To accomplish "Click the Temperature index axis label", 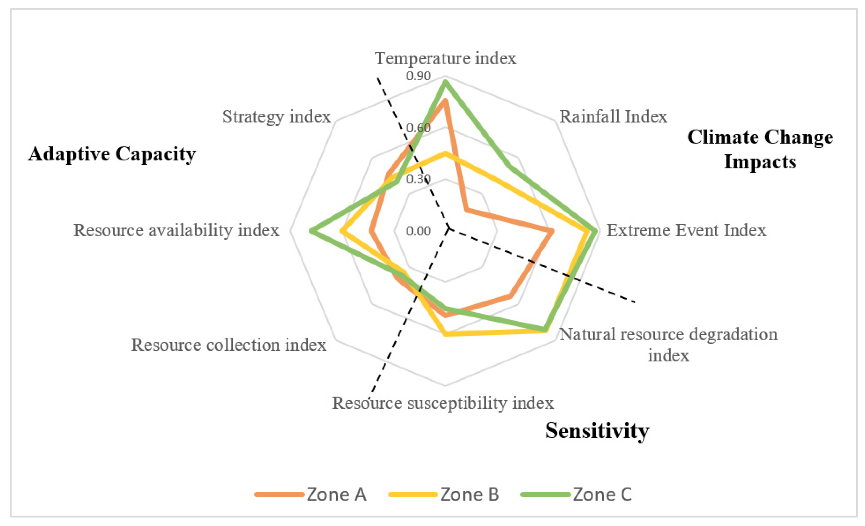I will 446,58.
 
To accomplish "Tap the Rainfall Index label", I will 613,117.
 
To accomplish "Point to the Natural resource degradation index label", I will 668,344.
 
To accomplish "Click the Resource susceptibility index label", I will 443,403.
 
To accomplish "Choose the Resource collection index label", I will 229,345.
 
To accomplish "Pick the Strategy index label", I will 276,117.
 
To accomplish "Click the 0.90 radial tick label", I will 418,76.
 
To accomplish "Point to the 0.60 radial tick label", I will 418,128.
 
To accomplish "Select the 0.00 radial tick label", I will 418,231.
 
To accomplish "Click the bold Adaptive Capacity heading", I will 112,154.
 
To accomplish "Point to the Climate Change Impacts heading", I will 760,149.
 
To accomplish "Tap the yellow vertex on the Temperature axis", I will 445,153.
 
